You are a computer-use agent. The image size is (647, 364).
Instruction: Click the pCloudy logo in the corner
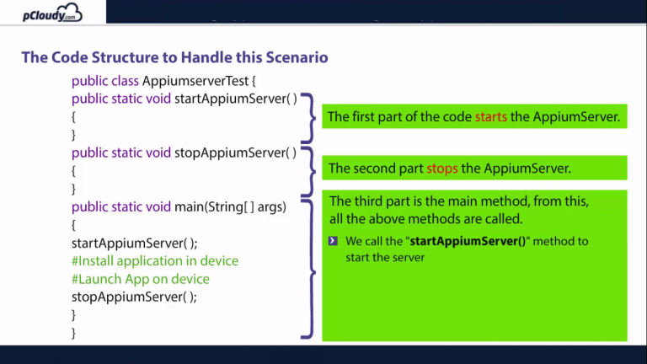[53, 13]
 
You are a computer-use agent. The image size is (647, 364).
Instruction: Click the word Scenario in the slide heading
[295, 57]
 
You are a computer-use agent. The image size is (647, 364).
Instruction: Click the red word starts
[490, 117]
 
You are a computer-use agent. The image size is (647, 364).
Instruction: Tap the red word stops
[442, 169]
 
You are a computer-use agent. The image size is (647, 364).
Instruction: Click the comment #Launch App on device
[141, 279]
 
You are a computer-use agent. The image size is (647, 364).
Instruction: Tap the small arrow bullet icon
[334, 241]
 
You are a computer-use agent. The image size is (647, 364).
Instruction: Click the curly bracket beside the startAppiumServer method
[307, 116]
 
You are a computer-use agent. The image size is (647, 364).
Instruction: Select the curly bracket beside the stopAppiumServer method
[307, 169]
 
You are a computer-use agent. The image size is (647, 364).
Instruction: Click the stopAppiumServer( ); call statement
[134, 297]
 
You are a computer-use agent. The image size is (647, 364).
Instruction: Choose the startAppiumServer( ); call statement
[135, 244]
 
